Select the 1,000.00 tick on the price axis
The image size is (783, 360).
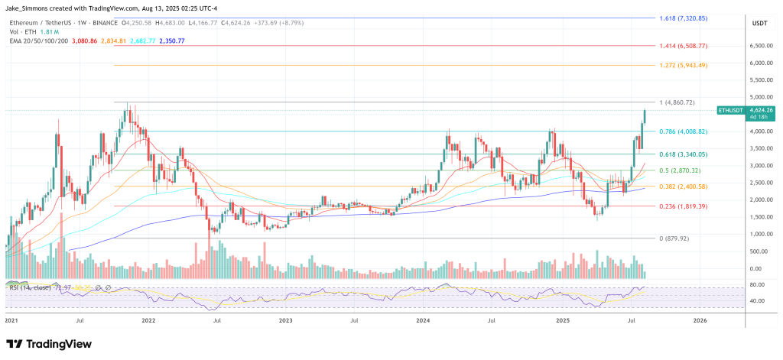click(764, 234)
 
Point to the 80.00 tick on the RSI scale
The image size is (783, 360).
click(759, 284)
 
